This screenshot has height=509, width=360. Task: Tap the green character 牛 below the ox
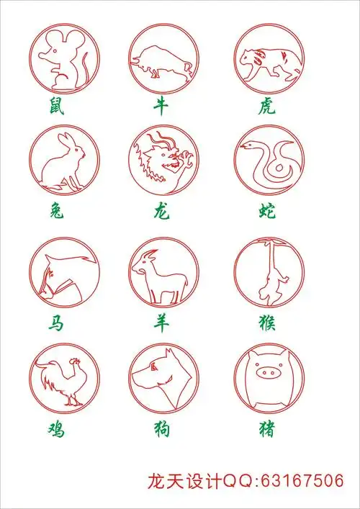(x=161, y=106)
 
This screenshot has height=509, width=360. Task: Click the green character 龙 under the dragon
(x=162, y=212)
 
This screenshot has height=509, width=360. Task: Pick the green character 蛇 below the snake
(x=267, y=212)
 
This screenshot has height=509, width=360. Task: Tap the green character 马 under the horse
(x=56, y=323)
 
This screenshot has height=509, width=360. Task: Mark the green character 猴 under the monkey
(x=268, y=323)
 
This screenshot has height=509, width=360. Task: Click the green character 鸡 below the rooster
(x=56, y=430)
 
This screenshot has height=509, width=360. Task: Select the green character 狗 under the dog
(x=162, y=429)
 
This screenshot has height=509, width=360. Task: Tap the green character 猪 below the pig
(x=267, y=429)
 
